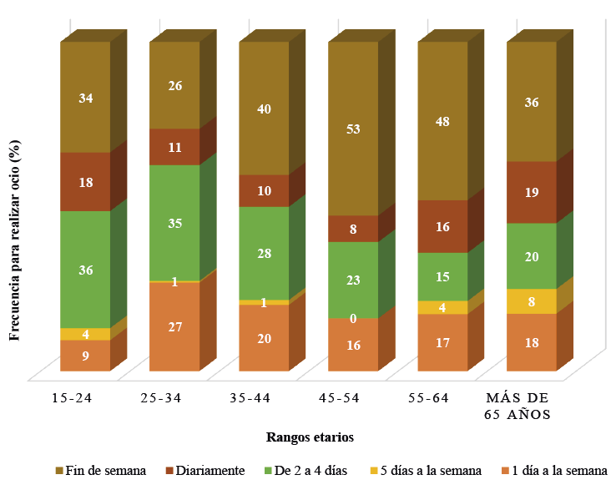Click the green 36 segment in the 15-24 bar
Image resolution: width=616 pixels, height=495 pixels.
84,270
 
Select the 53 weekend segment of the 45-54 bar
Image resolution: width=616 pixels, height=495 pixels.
353,129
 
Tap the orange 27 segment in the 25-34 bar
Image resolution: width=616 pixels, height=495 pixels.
174,326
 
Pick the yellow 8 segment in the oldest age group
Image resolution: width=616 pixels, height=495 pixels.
532,301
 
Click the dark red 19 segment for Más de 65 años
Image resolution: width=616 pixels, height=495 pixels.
532,192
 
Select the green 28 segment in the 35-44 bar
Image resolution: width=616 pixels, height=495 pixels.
264,253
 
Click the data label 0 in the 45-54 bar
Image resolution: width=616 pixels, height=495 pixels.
353,318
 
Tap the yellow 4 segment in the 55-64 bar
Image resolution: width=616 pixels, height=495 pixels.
442,307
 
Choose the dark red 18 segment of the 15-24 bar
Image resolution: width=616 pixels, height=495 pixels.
84,182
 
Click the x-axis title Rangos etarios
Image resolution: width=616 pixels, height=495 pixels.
311,437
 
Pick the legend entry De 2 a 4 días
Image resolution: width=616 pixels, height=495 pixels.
305,471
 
